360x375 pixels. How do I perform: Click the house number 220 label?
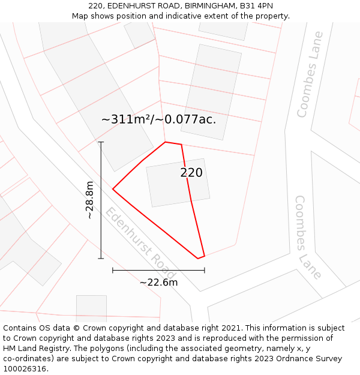coord(191,173)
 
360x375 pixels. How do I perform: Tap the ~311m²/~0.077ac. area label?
coord(158,119)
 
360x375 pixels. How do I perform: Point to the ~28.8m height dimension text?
coord(89,200)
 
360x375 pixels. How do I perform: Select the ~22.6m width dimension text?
coord(158,282)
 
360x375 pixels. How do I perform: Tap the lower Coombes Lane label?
coord(308,237)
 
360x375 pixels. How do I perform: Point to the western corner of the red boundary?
coord(113,190)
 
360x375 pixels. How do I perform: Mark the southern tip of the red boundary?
coord(198,259)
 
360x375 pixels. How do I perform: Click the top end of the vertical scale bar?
coord(101,142)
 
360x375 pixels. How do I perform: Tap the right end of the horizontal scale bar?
coord(205,271)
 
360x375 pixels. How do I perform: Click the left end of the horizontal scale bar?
coord(113,271)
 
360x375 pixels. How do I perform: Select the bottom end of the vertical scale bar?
coord(101,259)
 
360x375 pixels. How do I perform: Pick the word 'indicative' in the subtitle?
coord(181,16)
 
